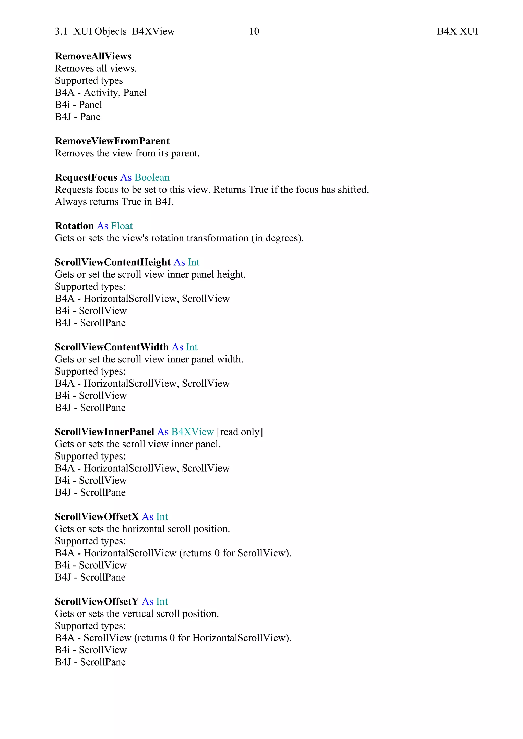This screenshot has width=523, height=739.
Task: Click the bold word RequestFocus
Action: (x=86, y=177)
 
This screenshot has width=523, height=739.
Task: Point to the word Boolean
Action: (x=152, y=177)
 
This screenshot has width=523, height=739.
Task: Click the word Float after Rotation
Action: (x=122, y=226)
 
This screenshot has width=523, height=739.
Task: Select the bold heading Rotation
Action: (x=74, y=226)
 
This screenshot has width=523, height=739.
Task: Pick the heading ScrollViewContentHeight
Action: (x=112, y=262)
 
